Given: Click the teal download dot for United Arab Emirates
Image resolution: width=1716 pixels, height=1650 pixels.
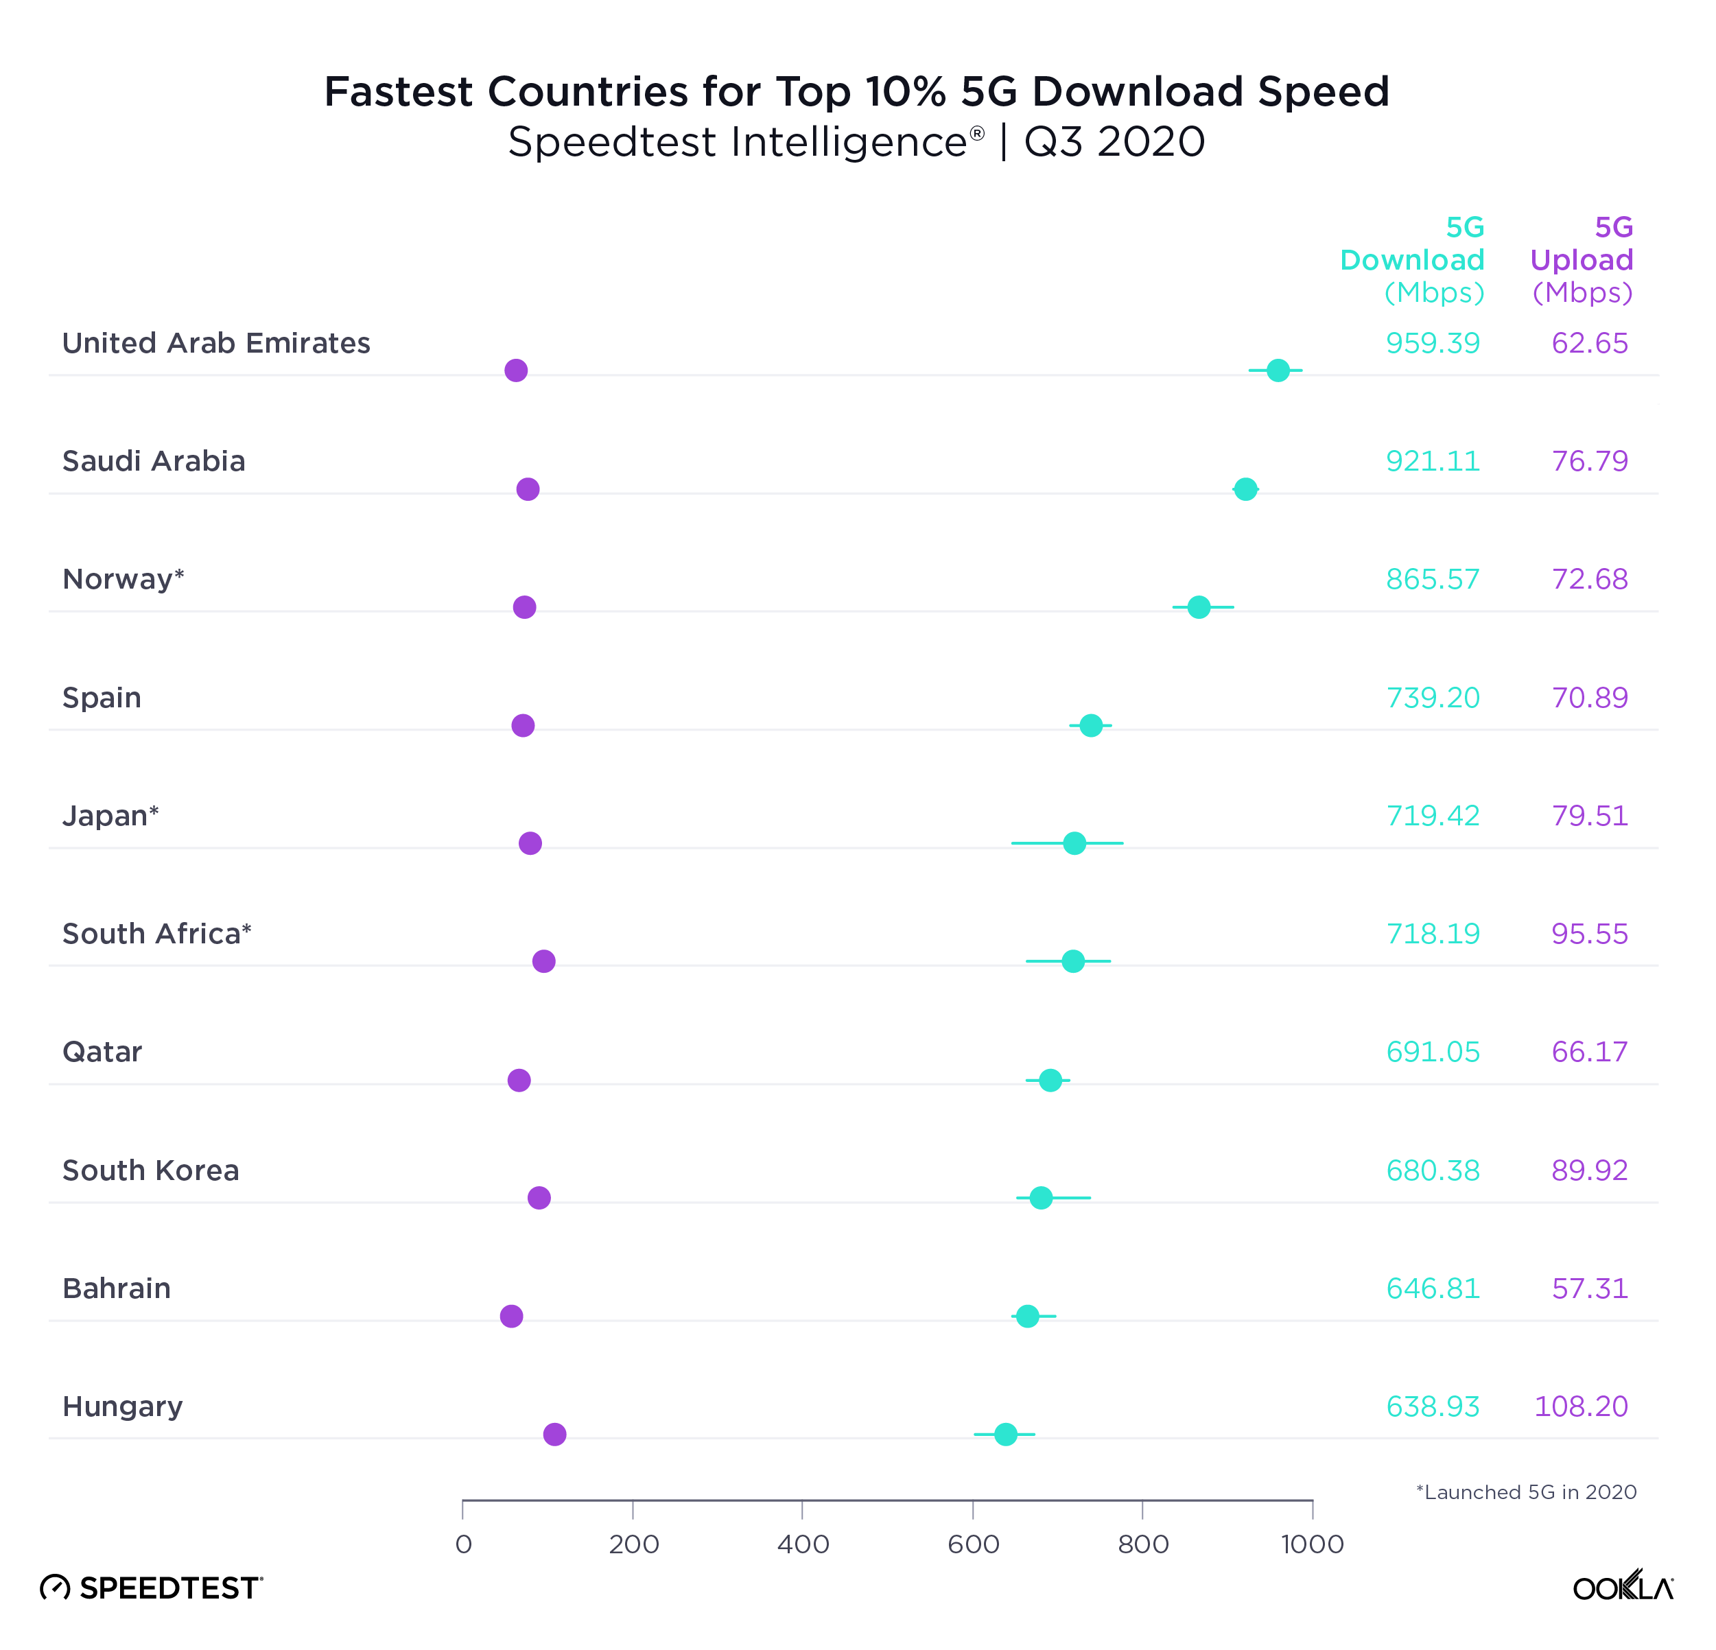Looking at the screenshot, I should coord(1278,370).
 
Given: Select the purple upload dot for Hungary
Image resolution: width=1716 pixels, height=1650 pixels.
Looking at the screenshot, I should coord(554,1434).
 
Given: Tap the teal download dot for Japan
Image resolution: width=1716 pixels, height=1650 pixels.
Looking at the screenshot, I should coord(1074,843).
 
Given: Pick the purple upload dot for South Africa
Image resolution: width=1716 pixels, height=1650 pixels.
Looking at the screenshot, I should coord(543,961).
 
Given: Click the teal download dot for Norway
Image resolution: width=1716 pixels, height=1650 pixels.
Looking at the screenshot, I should coord(1199,606).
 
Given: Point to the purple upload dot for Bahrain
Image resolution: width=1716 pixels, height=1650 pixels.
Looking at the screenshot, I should coord(511,1316).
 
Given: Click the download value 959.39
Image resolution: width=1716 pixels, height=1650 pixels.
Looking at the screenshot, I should coord(1433,343).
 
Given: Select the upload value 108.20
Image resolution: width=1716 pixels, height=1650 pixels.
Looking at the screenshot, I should coord(1580,1406).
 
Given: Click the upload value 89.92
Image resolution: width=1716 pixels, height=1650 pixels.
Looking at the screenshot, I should coord(1589,1170).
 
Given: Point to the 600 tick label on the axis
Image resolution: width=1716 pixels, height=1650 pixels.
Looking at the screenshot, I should coord(973,1544).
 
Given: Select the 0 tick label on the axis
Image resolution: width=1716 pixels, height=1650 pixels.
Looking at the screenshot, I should coord(463,1544).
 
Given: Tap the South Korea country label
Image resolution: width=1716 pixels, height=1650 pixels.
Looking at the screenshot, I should coord(150,1170).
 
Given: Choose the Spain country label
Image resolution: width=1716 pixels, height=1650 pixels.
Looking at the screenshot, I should coord(102,698).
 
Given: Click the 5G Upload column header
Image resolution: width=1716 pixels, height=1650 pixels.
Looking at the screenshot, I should coord(1581,259).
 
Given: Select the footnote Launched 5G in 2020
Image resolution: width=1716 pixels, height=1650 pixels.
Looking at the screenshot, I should coord(1526,1492).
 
